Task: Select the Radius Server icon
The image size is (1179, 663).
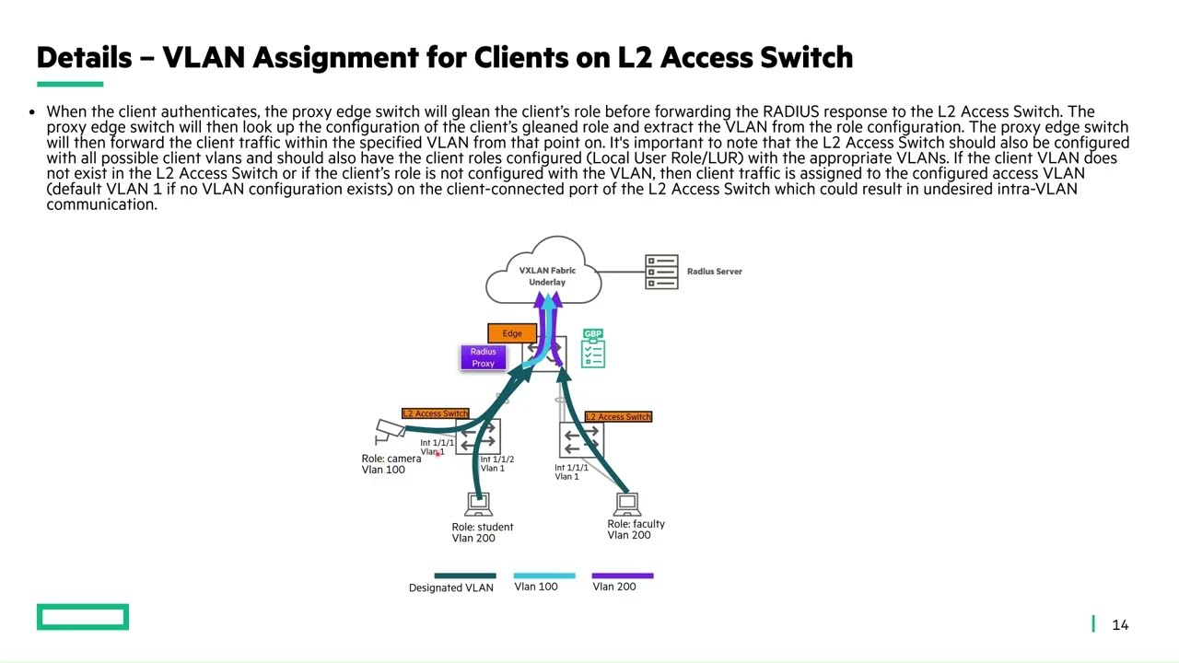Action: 661,272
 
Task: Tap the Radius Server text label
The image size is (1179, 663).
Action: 714,272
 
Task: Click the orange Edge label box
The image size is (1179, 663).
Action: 511,333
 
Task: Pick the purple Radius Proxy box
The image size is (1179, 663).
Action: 483,357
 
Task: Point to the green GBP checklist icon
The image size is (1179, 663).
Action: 593,349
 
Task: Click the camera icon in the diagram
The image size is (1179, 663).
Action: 390,430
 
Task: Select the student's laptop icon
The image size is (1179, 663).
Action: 478,505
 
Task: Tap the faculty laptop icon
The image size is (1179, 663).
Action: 627,504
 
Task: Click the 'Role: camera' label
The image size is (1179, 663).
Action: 391,459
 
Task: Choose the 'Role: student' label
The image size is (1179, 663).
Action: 482,527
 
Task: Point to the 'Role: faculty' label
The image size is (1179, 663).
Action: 636,524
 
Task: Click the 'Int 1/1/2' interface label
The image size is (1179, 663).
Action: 496,459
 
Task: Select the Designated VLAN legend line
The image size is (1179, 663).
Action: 464,576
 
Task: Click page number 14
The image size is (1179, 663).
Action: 1120,625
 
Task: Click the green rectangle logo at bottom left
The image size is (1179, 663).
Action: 83,617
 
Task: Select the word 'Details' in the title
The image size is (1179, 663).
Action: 84,57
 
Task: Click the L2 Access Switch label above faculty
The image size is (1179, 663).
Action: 618,417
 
